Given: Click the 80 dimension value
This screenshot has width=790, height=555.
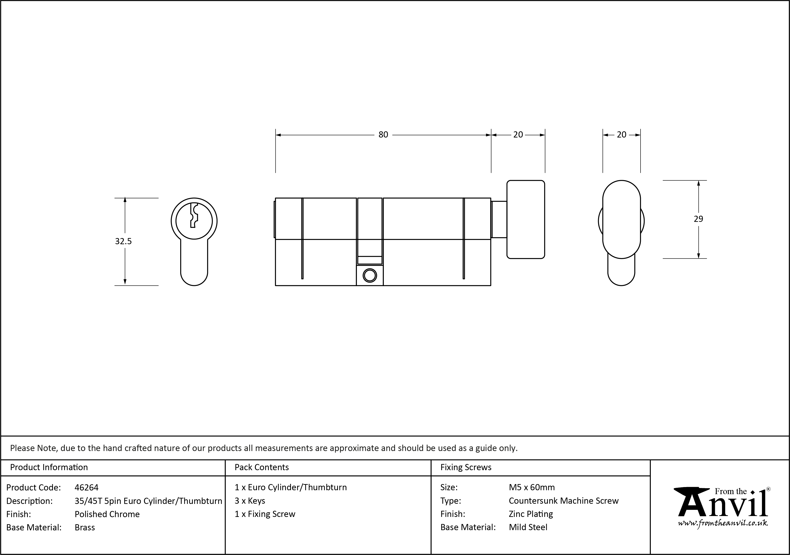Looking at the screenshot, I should [383, 135].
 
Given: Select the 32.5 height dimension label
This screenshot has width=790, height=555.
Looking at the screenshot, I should [123, 241].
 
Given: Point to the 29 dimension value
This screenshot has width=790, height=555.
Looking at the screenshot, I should [698, 219].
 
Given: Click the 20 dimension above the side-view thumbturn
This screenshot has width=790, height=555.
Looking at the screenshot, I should [518, 135].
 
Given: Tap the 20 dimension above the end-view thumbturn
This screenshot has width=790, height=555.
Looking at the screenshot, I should [621, 135].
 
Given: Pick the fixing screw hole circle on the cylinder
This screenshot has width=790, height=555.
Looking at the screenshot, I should [369, 275].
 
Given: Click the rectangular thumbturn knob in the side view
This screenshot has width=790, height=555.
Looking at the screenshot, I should [525, 219].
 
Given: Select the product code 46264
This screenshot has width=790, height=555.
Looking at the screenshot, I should [86, 488].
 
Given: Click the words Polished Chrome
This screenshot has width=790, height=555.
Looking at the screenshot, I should [107, 514].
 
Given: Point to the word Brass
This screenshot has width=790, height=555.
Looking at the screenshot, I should [85, 527].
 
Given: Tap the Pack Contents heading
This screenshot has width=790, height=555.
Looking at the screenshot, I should [262, 467].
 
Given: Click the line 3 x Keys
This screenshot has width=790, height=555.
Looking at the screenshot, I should [250, 501].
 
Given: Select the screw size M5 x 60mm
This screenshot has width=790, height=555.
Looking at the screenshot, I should [532, 488].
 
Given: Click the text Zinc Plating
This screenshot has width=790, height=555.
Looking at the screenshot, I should [531, 514].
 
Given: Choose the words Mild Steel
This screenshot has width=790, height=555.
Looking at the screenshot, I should [528, 527].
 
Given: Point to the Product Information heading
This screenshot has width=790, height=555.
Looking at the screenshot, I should [49, 467].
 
